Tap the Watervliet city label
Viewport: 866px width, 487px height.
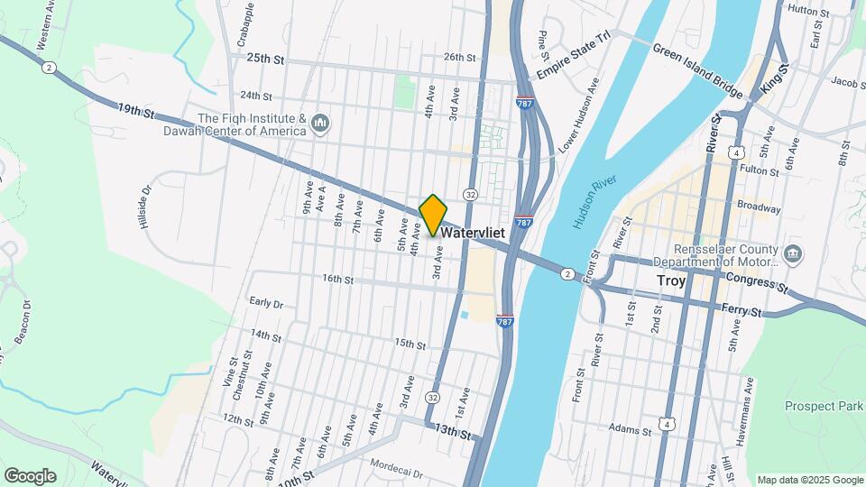pyautogui.click(x=473, y=233)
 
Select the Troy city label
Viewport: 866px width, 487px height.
pyautogui.click(x=670, y=280)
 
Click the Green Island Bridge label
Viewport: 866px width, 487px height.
pyautogui.click(x=697, y=70)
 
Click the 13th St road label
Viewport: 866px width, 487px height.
pyautogui.click(x=450, y=433)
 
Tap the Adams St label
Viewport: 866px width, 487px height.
pyautogui.click(x=629, y=430)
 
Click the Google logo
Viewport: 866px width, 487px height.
pyautogui.click(x=30, y=475)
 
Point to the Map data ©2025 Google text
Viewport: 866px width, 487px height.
pyautogui.click(x=809, y=480)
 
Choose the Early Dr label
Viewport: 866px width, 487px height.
pyautogui.click(x=266, y=304)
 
